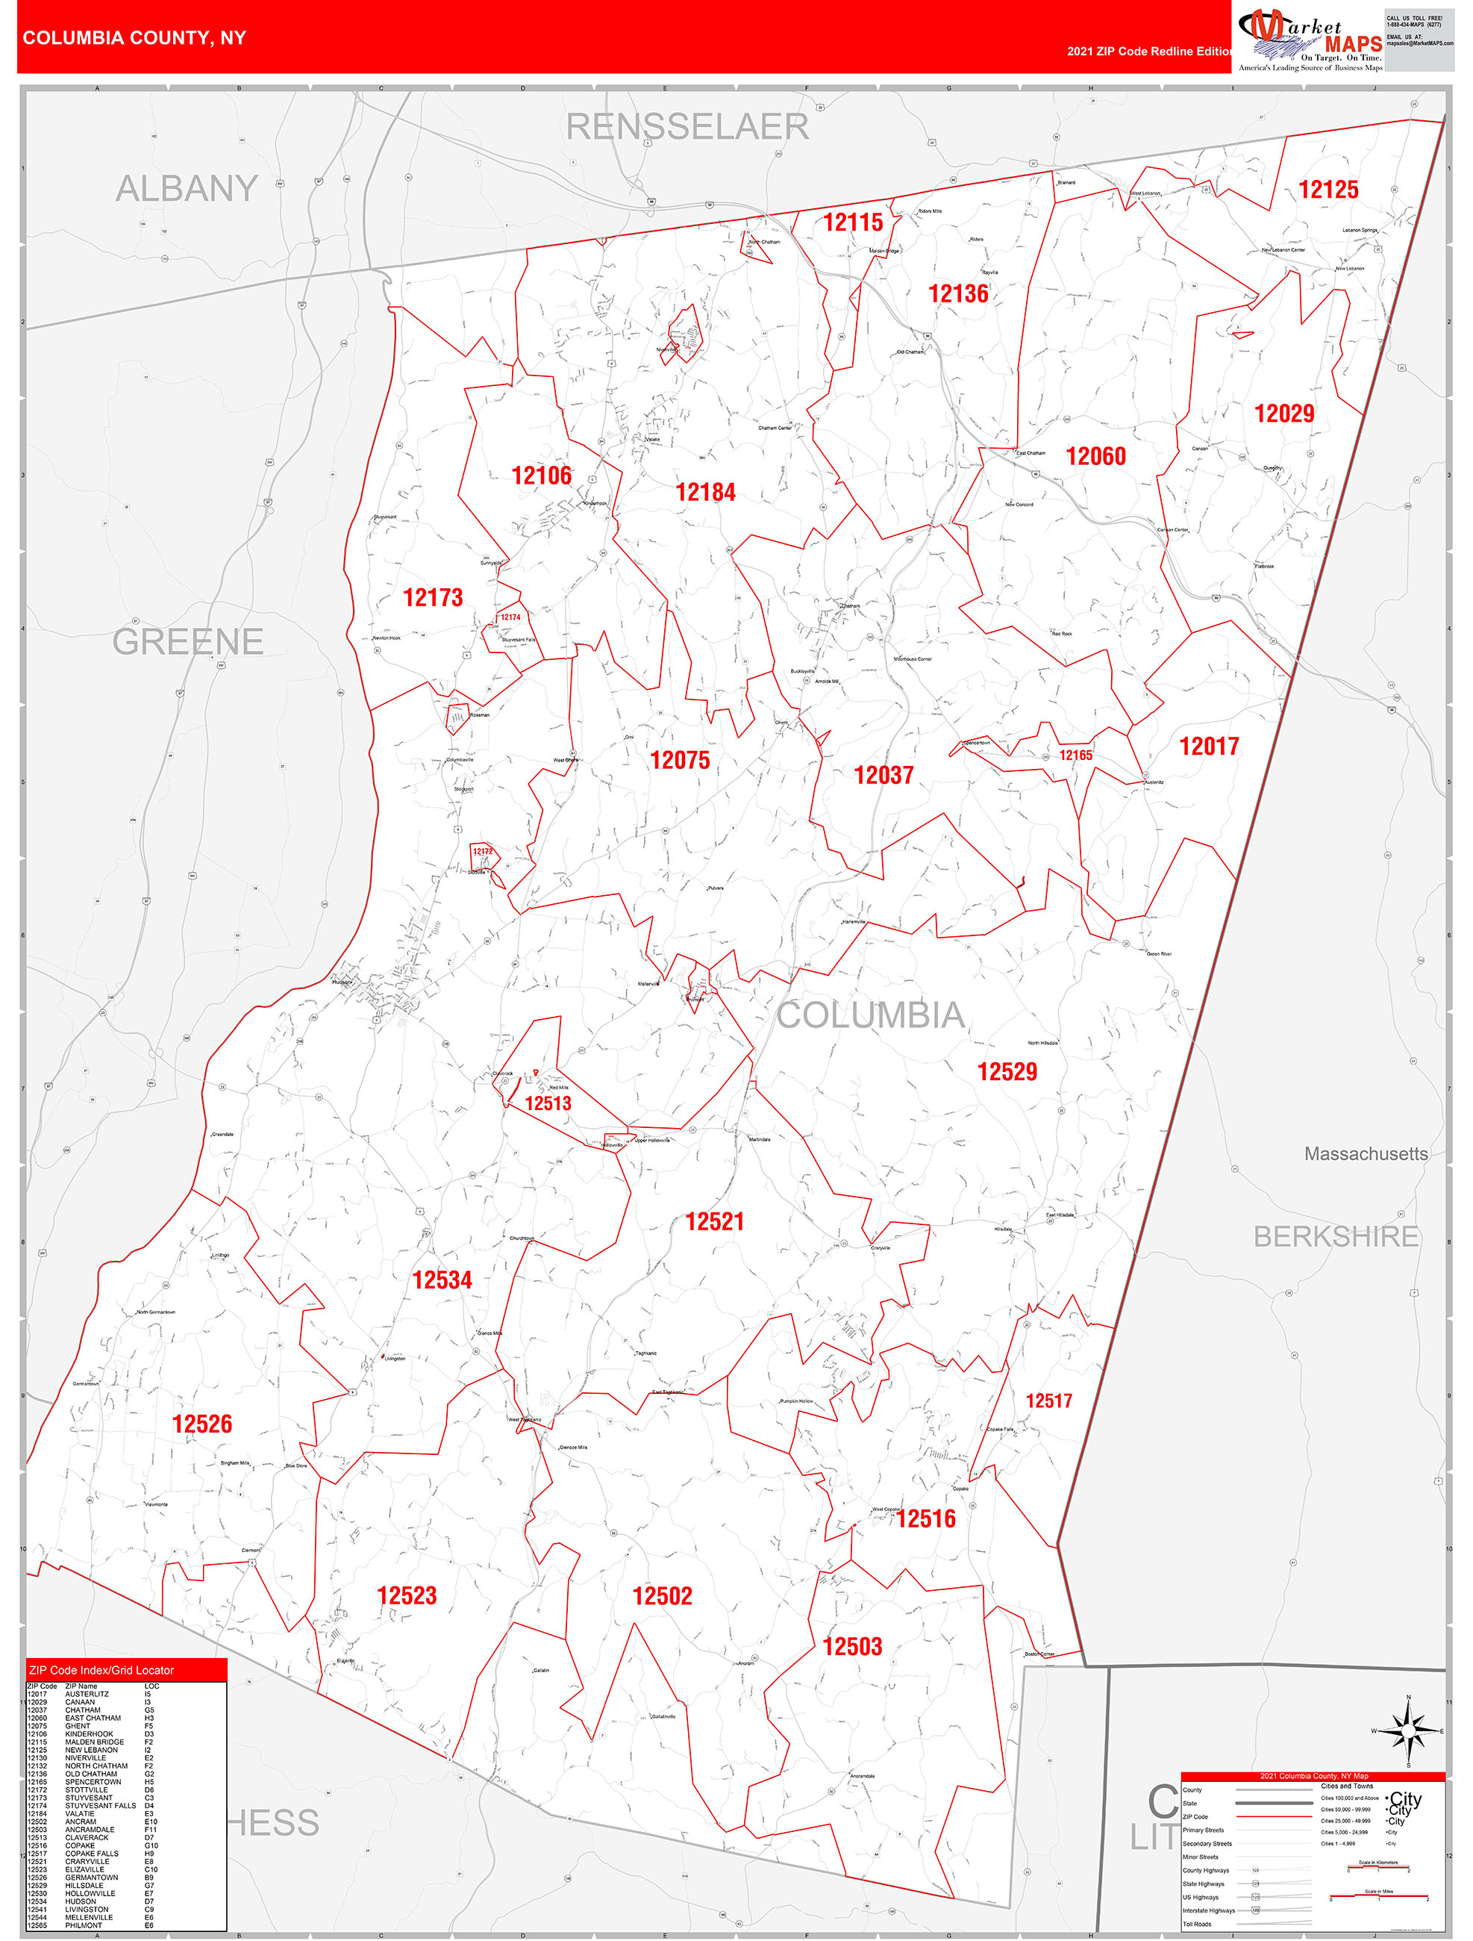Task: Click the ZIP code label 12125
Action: point(1327,190)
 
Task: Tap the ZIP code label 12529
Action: point(1007,1071)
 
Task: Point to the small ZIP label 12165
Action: point(1075,755)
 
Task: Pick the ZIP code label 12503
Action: point(852,1646)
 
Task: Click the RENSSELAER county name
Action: point(687,127)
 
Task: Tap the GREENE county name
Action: point(188,642)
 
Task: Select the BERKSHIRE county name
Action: point(1335,1236)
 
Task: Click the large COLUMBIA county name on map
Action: point(870,1015)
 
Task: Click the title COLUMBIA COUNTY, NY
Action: point(134,38)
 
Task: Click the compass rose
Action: point(1408,1730)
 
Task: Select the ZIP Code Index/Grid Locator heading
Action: point(101,1670)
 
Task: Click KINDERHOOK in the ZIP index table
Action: point(89,1734)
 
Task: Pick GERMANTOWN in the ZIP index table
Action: point(91,1877)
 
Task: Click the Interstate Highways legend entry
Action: point(1208,1910)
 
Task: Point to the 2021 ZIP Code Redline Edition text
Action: point(1149,52)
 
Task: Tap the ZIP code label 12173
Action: point(433,597)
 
